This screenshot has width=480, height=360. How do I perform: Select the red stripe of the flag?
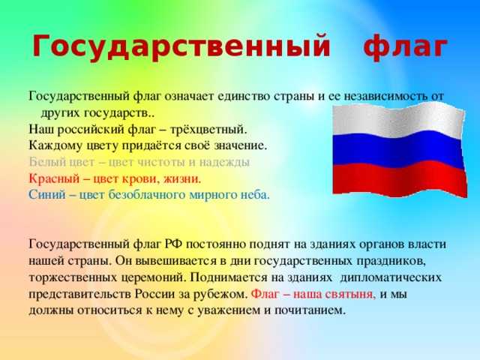(400, 179)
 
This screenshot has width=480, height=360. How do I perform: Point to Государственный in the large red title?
(181, 46)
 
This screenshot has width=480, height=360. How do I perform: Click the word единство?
(244, 96)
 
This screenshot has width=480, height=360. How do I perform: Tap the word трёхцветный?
(208, 130)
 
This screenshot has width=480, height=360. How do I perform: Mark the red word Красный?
(54, 178)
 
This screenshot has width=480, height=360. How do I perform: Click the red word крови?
(140, 178)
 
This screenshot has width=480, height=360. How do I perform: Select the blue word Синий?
(47, 195)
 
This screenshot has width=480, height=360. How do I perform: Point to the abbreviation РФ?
(173, 244)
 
